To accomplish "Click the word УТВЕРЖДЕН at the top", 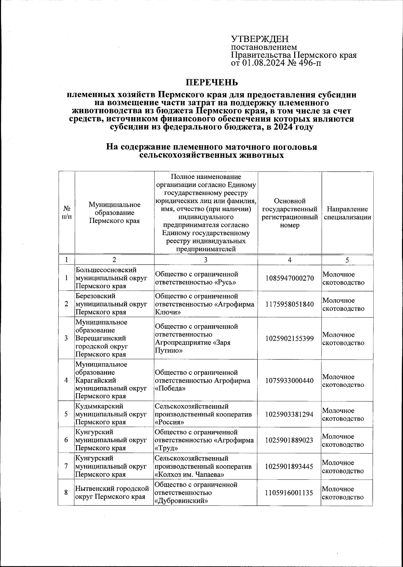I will [x=260, y=39].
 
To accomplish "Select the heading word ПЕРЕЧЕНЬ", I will [x=212, y=82].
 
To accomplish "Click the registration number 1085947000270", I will [x=289, y=278].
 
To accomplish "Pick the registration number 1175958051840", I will [x=289, y=304].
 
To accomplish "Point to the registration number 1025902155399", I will [x=289, y=338].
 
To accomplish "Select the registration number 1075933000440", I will [x=289, y=380].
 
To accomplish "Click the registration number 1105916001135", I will [x=289, y=492].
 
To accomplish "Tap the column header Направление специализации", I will [x=347, y=213].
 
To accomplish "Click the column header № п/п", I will [x=66, y=213].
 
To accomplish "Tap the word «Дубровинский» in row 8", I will [x=180, y=501].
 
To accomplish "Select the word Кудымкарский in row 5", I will [x=99, y=406].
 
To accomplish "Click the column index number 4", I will [x=289, y=260].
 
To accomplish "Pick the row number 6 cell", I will [x=66, y=440].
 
